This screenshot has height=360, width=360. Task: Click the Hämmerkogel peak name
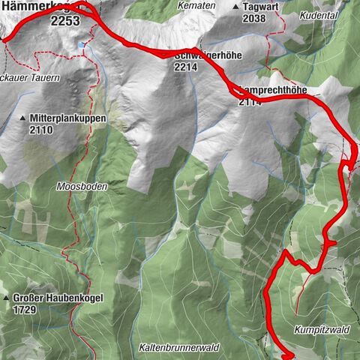click(34, 6)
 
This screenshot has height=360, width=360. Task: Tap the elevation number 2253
click(65, 22)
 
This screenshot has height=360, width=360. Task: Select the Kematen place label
click(197, 6)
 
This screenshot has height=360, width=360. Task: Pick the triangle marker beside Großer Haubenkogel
click(7, 298)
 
